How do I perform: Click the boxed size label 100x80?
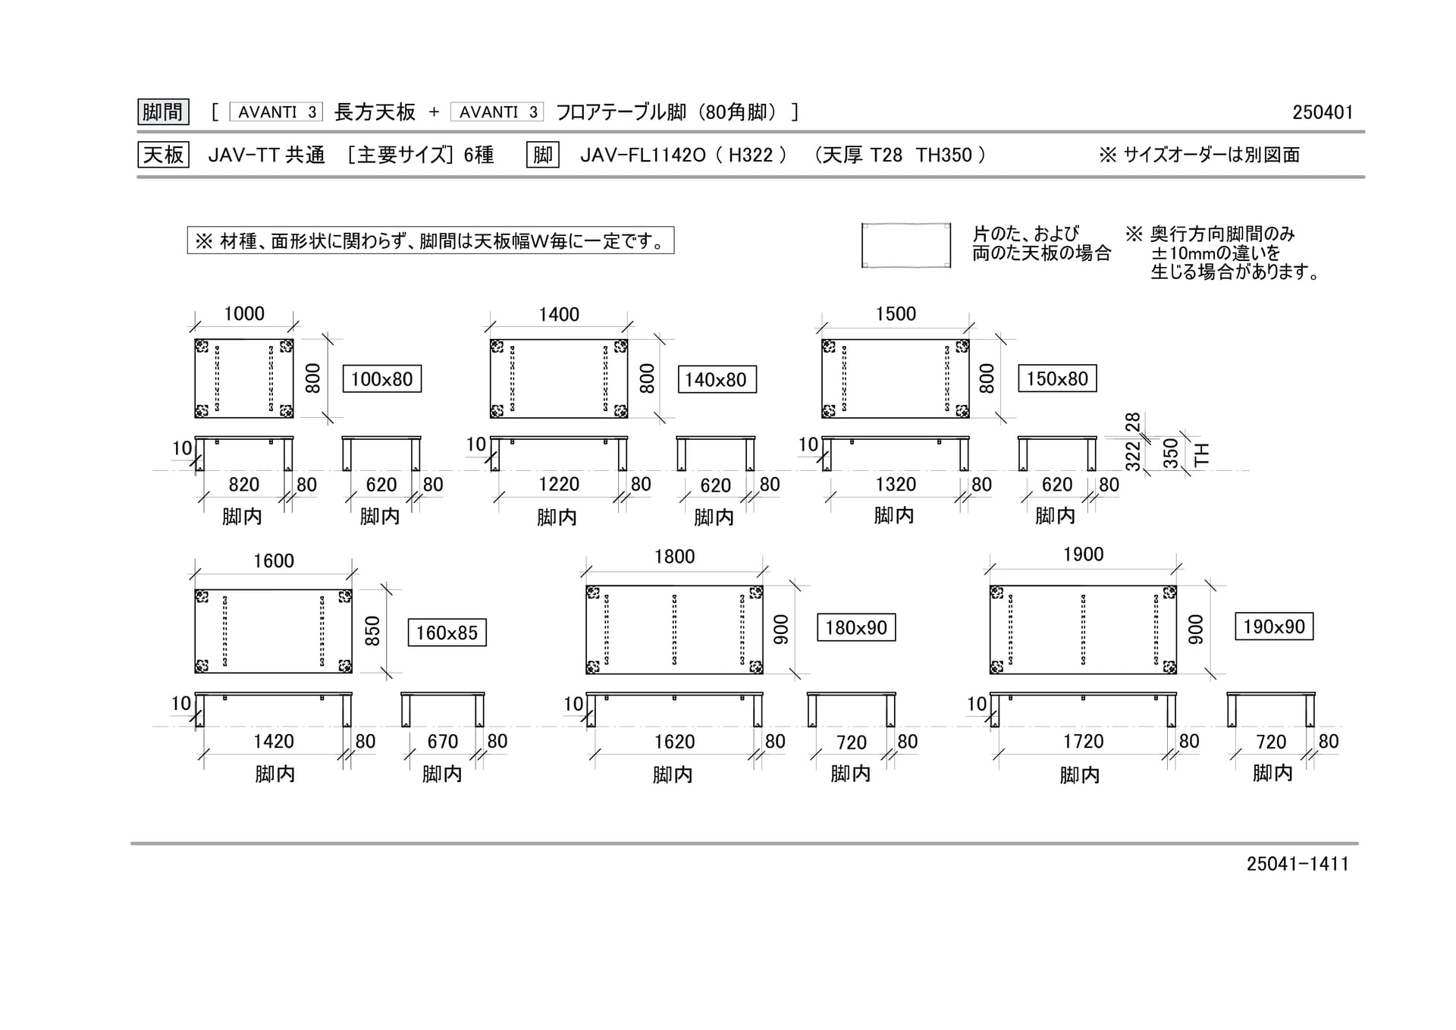381,379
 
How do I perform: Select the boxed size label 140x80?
716,380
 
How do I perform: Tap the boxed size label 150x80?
1057,378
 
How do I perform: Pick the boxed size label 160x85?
447,633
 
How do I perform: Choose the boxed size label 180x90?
856,627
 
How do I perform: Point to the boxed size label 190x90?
1274,626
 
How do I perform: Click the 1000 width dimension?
244,314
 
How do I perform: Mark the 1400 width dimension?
559,315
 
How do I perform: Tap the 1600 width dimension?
274,561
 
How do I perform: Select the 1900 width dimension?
1084,554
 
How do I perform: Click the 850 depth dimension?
372,631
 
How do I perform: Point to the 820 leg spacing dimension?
244,485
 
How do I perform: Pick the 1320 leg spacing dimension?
896,485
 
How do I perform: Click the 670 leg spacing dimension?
443,742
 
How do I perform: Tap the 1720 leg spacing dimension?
1084,742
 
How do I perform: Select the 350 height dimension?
1172,454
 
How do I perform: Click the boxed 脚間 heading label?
163,112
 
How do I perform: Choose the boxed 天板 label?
163,155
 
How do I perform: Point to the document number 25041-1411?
1298,864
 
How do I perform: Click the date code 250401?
1323,112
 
